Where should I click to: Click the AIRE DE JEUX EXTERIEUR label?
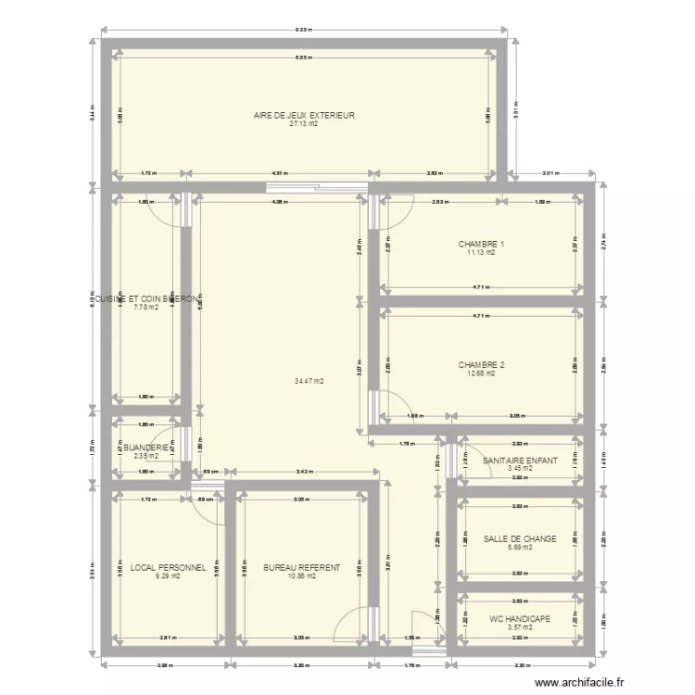click(x=305, y=115)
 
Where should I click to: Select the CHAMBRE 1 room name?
click(x=481, y=245)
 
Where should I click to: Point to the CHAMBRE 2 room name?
click(x=481, y=365)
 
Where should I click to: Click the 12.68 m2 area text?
click(x=481, y=373)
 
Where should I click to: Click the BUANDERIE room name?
click(x=141, y=448)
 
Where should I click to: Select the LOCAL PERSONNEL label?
click(x=168, y=567)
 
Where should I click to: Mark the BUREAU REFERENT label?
click(x=301, y=567)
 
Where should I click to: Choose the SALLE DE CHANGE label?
click(x=520, y=538)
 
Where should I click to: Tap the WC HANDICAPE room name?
click(x=520, y=619)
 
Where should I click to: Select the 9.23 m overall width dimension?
click(x=303, y=31)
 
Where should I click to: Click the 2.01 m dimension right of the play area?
click(x=550, y=173)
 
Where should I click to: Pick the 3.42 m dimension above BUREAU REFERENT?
click(x=303, y=473)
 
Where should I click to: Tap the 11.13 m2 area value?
click(x=481, y=253)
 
